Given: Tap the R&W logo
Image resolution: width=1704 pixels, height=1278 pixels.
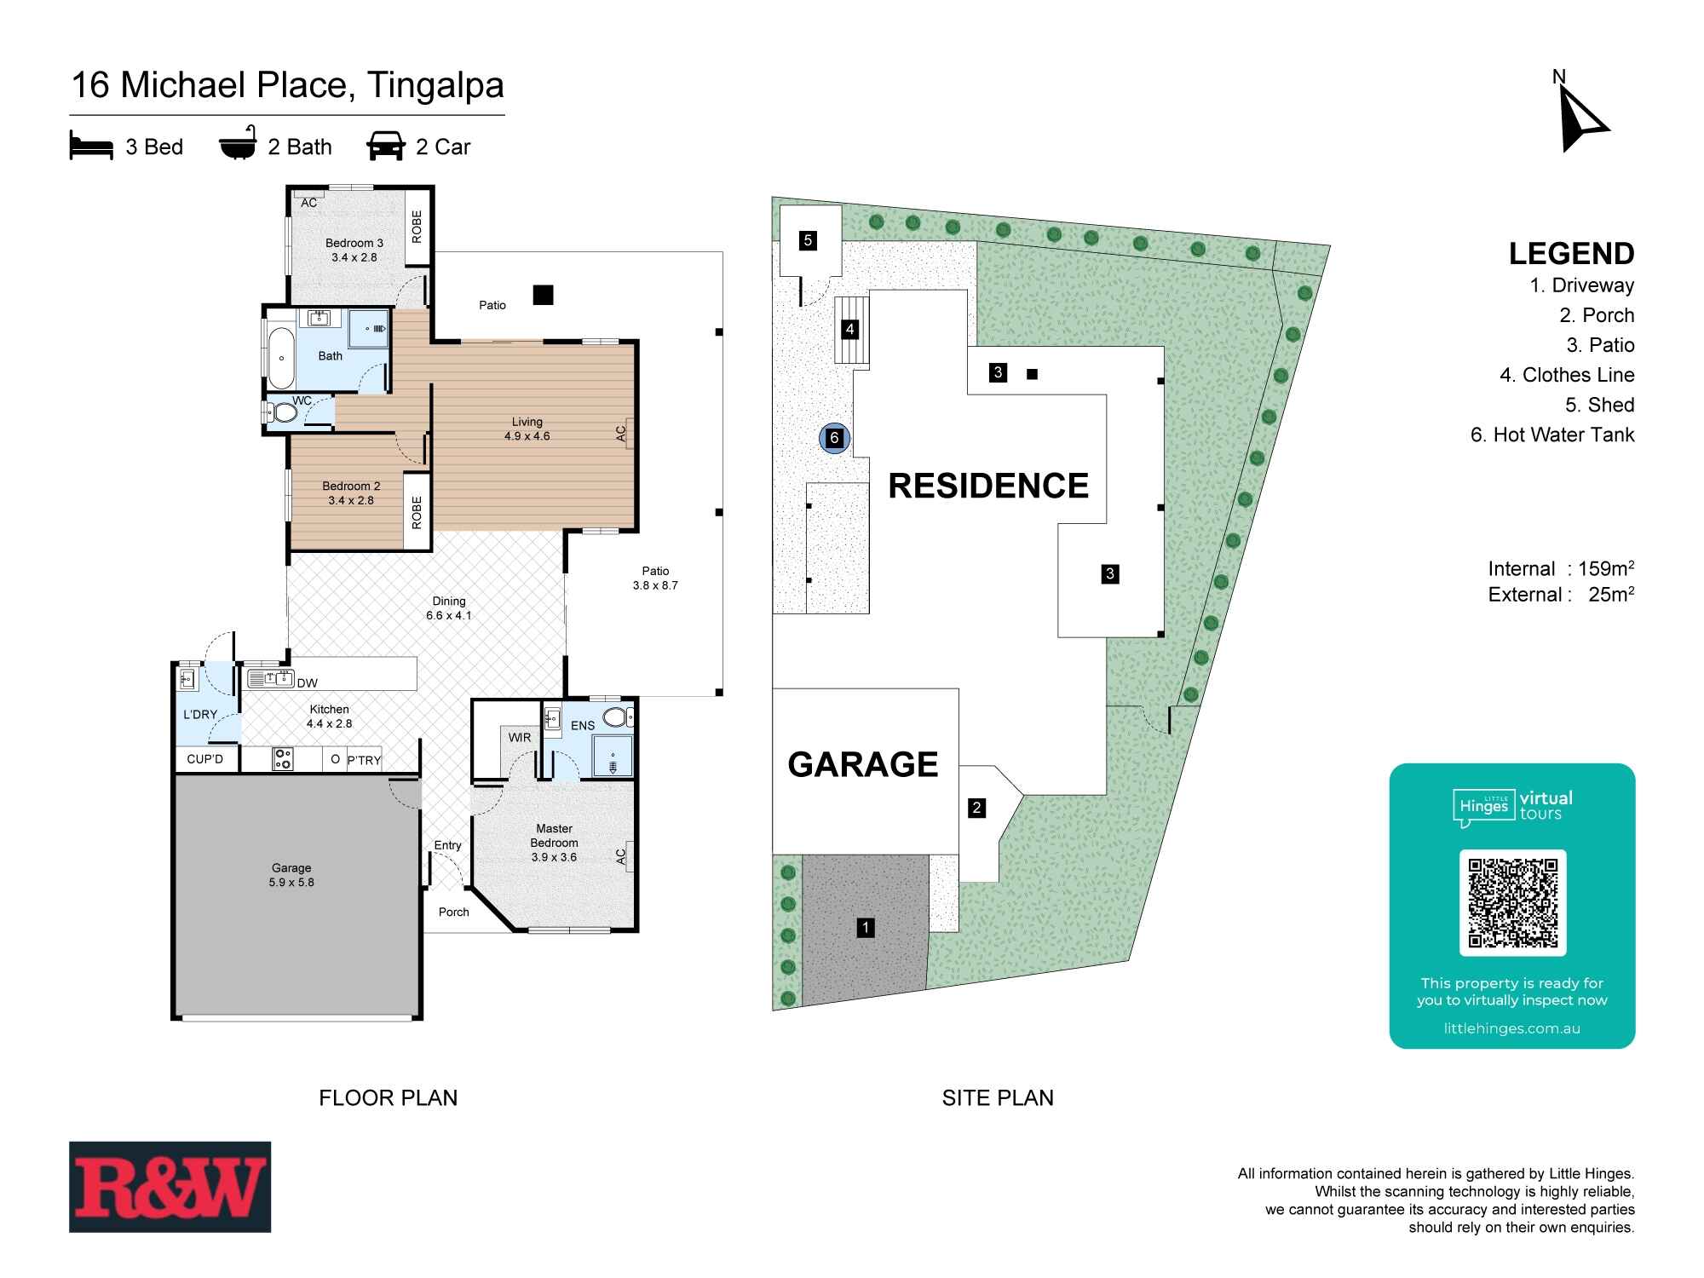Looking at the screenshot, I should click(x=170, y=1186).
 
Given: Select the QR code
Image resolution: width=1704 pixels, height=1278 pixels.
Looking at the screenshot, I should click(x=1512, y=903).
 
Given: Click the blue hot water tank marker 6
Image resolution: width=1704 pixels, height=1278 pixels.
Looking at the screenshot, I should click(x=834, y=438).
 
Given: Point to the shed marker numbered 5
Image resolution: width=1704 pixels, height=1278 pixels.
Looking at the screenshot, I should click(x=808, y=240).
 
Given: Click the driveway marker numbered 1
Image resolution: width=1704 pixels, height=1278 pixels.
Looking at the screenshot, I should click(x=866, y=927).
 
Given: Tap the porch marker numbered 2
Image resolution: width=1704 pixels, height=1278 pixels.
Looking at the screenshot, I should click(x=977, y=808).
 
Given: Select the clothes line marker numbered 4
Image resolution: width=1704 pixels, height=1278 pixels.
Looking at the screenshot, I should click(x=849, y=329).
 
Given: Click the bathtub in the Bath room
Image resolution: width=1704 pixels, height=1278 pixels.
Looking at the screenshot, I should click(x=280, y=358).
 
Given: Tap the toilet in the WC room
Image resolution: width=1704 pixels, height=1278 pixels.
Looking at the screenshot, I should click(x=282, y=414).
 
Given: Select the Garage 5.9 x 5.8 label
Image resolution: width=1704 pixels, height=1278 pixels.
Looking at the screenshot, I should click(x=291, y=875).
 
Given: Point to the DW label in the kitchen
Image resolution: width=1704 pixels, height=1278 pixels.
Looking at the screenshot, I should click(x=307, y=682).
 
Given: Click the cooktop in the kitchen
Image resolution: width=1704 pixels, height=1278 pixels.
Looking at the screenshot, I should click(x=282, y=758).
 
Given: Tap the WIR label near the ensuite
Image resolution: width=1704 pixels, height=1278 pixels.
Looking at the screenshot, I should click(x=520, y=737).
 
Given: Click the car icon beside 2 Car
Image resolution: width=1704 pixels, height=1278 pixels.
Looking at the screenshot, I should click(x=385, y=147).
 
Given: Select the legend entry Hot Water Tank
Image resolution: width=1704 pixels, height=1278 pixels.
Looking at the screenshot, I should click(x=1552, y=435).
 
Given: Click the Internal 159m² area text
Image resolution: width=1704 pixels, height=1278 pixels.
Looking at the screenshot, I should click(x=1560, y=568).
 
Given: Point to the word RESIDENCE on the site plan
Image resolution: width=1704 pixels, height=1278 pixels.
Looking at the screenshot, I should click(x=988, y=486).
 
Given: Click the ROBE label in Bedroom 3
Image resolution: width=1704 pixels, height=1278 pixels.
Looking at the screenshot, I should click(x=417, y=227).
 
